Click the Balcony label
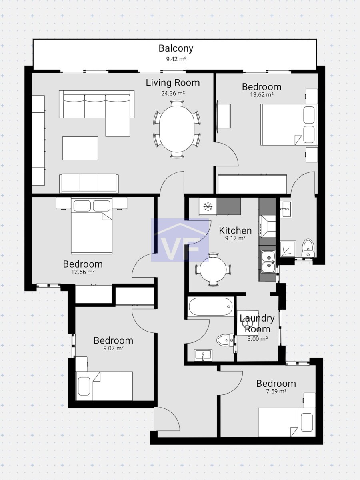176,48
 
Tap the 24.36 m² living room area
173,93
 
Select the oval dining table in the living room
177,129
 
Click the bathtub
210,307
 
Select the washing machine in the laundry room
248,323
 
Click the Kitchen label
235,231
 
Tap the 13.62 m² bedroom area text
262,95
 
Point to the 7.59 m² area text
276,391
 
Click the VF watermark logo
180,240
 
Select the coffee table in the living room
80,148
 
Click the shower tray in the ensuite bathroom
288,249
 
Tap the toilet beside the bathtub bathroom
225,340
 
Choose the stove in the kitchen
267,226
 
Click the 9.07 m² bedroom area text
114,348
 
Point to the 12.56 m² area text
83,272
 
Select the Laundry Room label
257,324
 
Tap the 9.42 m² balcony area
176,59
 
